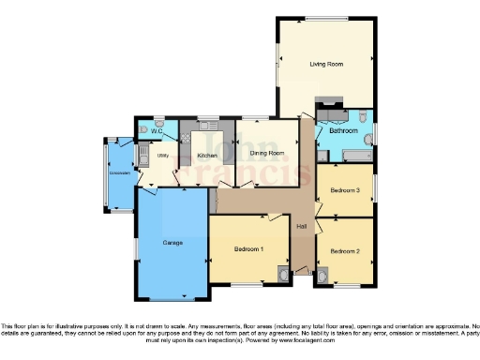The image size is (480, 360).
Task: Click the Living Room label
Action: pyautogui.click(x=326, y=64)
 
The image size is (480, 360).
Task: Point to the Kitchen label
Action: pyautogui.click(x=207, y=156)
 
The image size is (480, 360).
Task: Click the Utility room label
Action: pyautogui.click(x=163, y=156)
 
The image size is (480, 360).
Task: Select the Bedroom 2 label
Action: pyautogui.click(x=344, y=251)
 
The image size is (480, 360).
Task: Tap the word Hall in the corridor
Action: pyautogui.click(x=301, y=228)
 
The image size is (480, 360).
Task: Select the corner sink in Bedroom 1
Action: pyautogui.click(x=283, y=274)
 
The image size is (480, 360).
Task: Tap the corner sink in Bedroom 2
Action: pyautogui.click(x=324, y=277)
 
